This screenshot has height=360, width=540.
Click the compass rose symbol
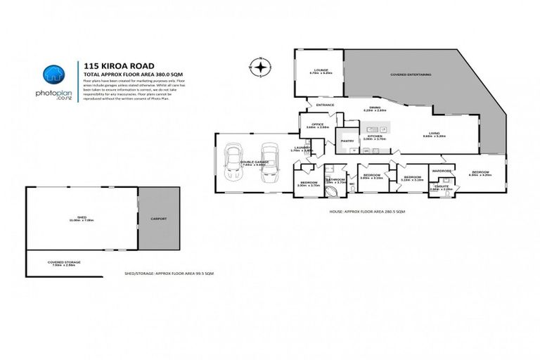click(260, 67)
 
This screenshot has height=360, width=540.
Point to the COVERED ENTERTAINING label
click(411, 74)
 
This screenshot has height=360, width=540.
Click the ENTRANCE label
click(325, 105)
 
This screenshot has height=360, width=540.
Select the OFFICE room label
click(314, 124)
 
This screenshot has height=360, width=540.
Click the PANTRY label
click(347, 141)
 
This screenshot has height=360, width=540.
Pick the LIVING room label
click(435, 133)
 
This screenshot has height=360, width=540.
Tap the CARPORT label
click(159, 219)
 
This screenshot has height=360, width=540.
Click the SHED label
click(82, 218)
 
